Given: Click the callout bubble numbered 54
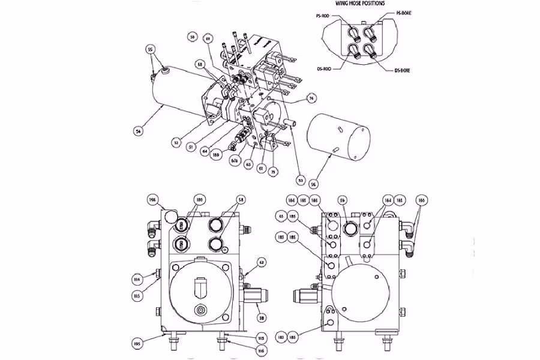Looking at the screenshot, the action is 139,129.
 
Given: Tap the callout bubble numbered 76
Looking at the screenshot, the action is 311,98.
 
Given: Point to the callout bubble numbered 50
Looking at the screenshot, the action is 192,38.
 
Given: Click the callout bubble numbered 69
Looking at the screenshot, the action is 208,39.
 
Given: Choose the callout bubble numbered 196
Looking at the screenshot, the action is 152,199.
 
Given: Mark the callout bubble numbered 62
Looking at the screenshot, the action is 261,262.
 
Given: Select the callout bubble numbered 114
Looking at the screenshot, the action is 137,278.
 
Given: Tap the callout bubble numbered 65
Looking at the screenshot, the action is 281,215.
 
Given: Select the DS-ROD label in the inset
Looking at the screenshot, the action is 324,69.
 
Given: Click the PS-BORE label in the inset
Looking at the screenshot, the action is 404,13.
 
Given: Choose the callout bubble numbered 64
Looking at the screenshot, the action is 205,151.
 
